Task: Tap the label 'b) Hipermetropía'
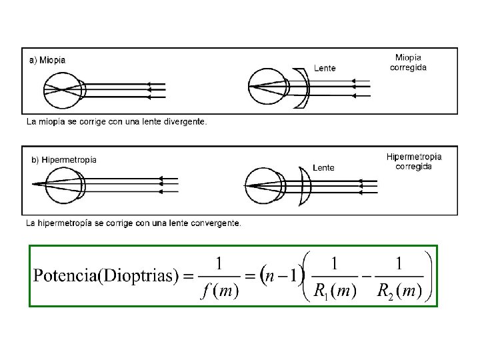65,160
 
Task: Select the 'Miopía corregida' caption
408,63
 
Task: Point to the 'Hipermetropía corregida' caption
413,161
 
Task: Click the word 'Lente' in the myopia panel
325,68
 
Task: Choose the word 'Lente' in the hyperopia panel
323,168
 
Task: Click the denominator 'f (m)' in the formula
219,291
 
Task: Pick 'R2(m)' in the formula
399,291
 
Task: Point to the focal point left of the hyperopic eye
32,184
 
